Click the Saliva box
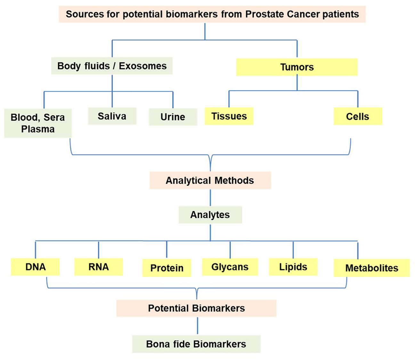click(x=112, y=116)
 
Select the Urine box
click(x=173, y=117)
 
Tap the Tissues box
click(x=229, y=116)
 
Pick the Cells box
click(x=358, y=116)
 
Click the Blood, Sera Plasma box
click(x=38, y=123)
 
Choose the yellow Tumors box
click(x=297, y=67)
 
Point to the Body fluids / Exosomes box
click(x=112, y=66)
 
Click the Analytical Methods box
click(x=210, y=180)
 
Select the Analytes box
click(x=210, y=215)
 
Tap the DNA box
click(x=35, y=267)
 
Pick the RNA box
click(x=99, y=267)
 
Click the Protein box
click(x=167, y=268)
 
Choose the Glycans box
click(x=230, y=267)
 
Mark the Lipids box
click(x=293, y=267)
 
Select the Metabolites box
click(x=371, y=268)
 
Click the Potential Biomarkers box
click(x=196, y=308)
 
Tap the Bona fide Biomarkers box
click(x=196, y=344)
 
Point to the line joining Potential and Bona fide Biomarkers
click(x=198, y=326)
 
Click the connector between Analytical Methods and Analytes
click(x=210, y=197)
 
